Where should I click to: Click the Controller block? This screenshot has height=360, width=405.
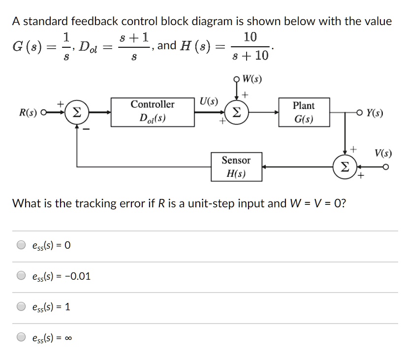[x=152, y=112]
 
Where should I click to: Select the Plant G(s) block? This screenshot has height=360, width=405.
[x=303, y=113]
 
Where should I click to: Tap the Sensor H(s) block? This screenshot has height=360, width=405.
[x=236, y=167]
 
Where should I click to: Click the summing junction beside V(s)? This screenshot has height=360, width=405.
[x=345, y=167]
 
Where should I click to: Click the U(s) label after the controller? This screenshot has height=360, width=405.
[x=209, y=102]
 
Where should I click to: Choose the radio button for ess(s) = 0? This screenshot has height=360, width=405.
[x=21, y=245]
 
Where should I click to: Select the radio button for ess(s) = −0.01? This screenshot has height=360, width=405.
[x=21, y=276]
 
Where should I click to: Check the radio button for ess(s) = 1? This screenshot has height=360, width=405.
[x=21, y=307]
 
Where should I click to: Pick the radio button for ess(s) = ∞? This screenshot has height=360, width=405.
[x=21, y=338]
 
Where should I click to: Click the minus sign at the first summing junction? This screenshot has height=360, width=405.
[x=86, y=130]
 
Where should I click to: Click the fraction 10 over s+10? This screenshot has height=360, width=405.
[x=249, y=47]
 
